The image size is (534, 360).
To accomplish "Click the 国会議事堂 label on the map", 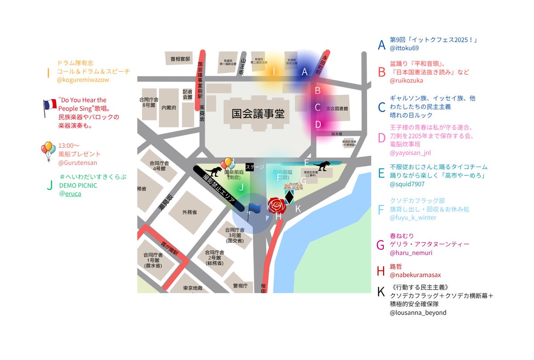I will (x=258, y=114).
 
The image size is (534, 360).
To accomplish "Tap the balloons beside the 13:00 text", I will (x=48, y=150).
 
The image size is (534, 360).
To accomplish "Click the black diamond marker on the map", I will (x=289, y=197).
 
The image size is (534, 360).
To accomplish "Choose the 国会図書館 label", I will (x=336, y=108).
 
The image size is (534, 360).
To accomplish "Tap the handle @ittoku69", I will (x=404, y=48).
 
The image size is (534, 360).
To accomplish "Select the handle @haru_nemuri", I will (x=411, y=253).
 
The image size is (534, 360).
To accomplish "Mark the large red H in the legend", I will (x=380, y=271).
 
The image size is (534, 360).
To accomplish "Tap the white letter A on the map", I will (x=305, y=72).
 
